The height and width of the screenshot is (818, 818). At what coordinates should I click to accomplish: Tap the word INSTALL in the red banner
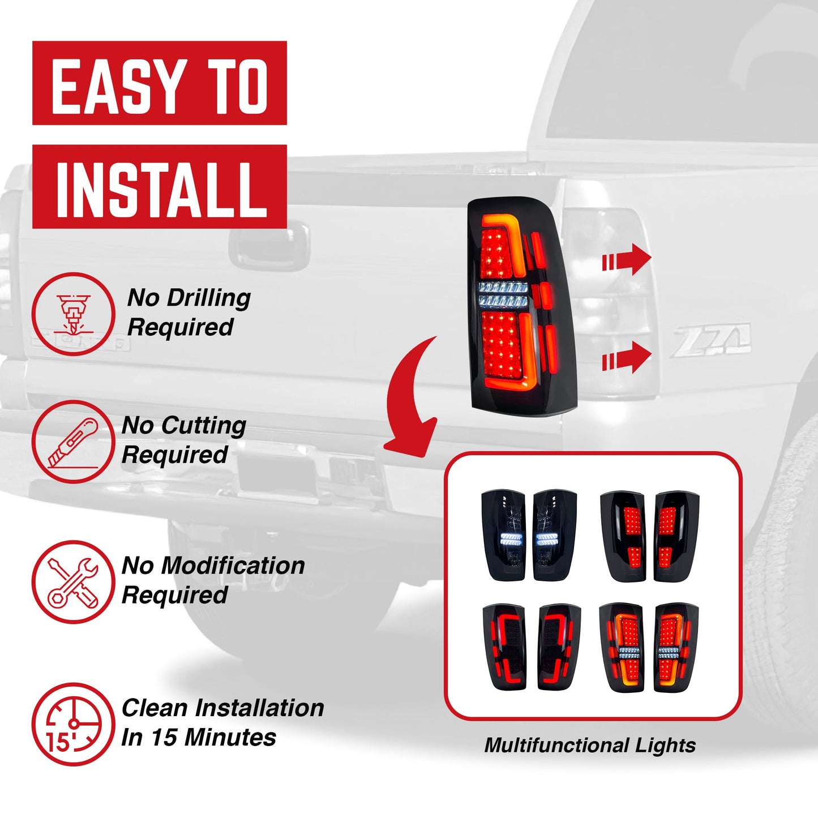(x=161, y=188)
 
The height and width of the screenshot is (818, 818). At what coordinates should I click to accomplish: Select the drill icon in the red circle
(x=73, y=314)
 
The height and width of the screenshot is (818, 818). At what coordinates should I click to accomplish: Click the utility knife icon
(x=73, y=442)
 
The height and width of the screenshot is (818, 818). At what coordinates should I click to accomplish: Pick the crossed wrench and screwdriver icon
(x=73, y=582)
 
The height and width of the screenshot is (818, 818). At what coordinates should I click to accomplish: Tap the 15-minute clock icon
(x=73, y=724)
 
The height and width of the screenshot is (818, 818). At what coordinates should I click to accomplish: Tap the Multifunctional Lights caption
(x=590, y=745)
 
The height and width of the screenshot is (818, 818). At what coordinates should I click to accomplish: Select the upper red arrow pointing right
(x=627, y=260)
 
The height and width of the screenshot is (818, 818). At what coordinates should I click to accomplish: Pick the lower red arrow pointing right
(x=627, y=358)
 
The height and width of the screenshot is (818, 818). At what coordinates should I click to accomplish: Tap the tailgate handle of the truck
(x=270, y=246)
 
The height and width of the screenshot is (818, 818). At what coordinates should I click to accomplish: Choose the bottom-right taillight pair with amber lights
(x=649, y=648)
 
